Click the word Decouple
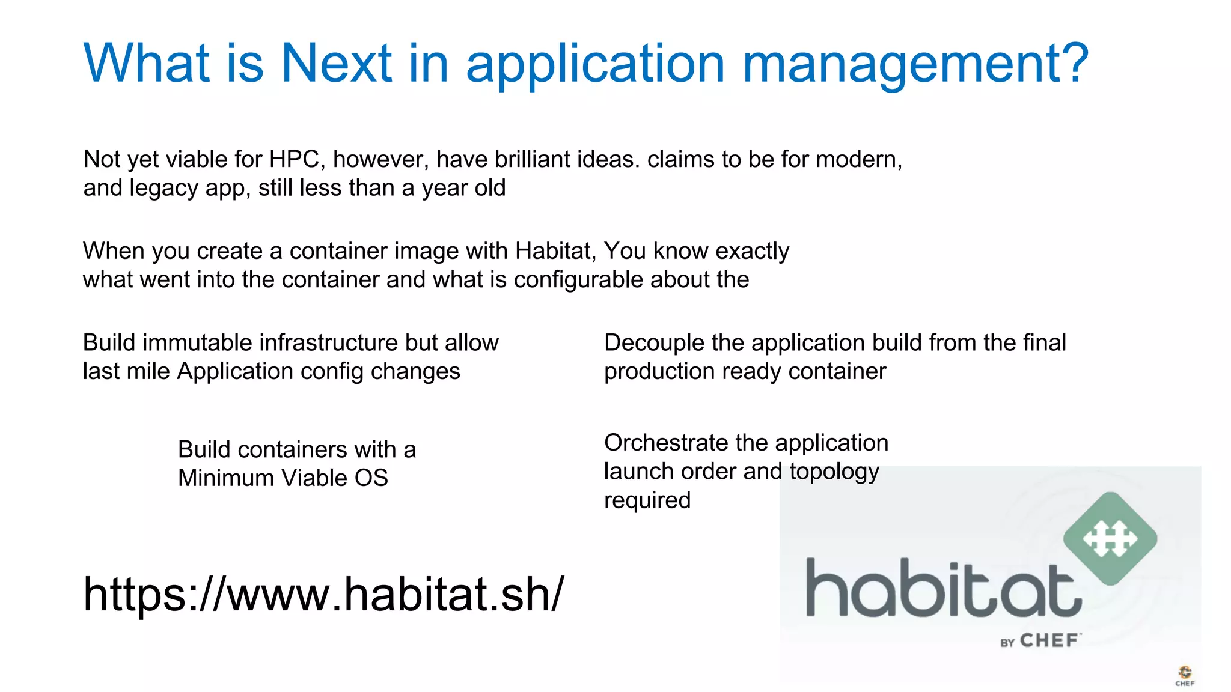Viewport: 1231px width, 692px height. tap(654, 343)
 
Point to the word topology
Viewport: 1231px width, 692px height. tap(834, 472)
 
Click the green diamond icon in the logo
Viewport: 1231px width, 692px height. tap(1110, 538)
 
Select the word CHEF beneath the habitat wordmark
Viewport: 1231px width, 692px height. tap(1049, 640)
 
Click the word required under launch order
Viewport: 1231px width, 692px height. tap(647, 500)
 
